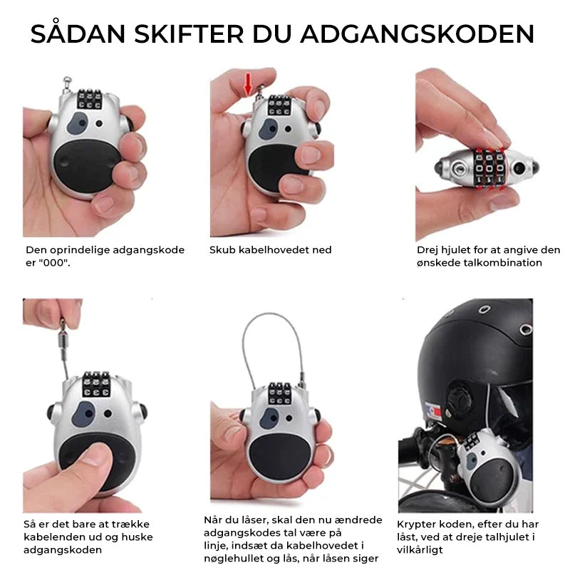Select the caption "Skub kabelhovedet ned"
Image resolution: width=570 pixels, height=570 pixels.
click(270, 250)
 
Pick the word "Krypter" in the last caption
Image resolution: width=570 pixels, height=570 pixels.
click(417, 524)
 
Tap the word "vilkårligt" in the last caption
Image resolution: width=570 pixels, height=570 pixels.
click(421, 550)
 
